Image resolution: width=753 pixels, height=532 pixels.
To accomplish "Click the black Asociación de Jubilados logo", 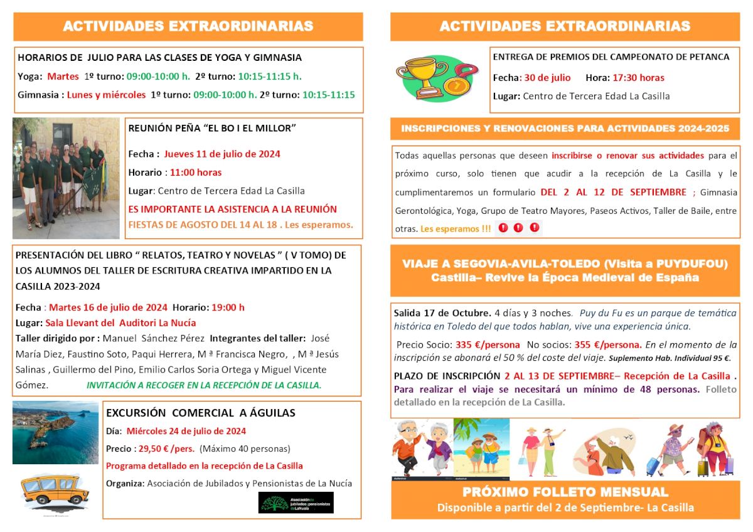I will click(296, 503).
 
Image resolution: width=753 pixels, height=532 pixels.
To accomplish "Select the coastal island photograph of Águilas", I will click(55, 433).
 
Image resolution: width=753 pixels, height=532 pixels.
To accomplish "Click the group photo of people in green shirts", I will click(66, 178).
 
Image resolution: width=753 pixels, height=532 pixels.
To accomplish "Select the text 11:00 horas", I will click(195, 172).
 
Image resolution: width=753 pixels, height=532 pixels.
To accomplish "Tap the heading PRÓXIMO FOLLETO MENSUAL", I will click(565, 491).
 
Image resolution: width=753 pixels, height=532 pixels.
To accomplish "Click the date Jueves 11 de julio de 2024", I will click(222, 154).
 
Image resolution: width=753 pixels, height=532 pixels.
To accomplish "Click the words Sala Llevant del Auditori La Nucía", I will click(120, 322).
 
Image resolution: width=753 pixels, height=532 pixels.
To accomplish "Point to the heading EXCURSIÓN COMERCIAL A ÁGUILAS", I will click(201, 413).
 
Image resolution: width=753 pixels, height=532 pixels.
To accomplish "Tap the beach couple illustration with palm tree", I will click(481, 449).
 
